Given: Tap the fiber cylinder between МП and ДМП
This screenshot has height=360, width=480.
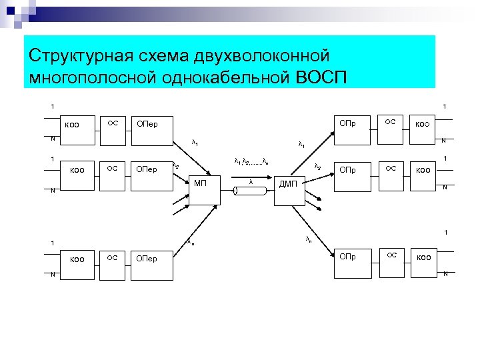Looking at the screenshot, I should click(x=250, y=191).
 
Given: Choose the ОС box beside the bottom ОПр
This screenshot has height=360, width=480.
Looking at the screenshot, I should click(x=393, y=255).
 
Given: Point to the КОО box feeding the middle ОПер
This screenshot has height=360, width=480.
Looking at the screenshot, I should click(x=77, y=169).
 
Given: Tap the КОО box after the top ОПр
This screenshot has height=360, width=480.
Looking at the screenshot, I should click(x=423, y=124).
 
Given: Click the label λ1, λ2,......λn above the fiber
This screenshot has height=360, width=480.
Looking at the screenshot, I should click(x=251, y=161).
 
